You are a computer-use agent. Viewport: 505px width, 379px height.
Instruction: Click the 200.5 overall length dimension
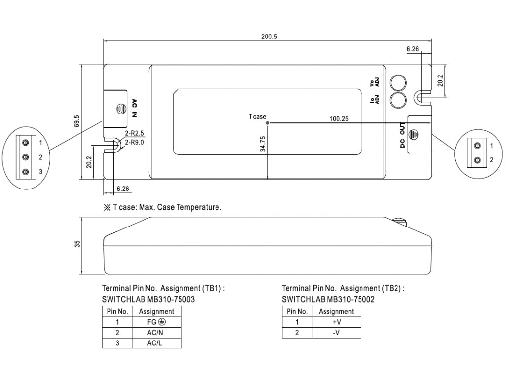(269, 37)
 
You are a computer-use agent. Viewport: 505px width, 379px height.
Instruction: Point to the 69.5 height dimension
(77, 121)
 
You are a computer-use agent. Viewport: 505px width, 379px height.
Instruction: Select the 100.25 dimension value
(339, 118)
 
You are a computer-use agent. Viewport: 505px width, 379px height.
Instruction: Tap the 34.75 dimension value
(263, 144)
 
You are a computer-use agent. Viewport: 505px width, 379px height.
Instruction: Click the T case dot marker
(268, 123)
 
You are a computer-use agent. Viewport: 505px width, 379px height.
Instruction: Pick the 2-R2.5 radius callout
(134, 133)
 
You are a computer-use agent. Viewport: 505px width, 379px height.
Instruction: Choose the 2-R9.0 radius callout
(134, 142)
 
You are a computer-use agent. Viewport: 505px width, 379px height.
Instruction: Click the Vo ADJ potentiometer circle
(398, 83)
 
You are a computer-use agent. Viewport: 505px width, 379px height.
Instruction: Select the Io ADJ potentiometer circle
(398, 100)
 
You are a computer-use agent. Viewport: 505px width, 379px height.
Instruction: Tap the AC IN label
(134, 108)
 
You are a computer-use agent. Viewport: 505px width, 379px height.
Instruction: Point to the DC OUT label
(402, 135)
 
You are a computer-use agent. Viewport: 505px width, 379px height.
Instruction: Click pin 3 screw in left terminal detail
(26, 172)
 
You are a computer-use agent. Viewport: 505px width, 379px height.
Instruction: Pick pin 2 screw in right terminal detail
(478, 160)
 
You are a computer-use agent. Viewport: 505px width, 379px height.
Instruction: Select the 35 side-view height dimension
(77, 244)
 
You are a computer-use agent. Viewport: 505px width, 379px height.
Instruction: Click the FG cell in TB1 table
(156, 322)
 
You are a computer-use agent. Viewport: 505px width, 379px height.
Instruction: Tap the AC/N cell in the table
(156, 333)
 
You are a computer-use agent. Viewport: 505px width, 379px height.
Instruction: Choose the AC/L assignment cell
(156, 343)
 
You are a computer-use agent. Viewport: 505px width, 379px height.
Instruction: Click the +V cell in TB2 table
(336, 322)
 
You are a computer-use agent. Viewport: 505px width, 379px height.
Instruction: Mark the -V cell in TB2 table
(336, 333)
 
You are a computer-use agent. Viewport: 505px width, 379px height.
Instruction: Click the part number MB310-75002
(351, 300)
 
